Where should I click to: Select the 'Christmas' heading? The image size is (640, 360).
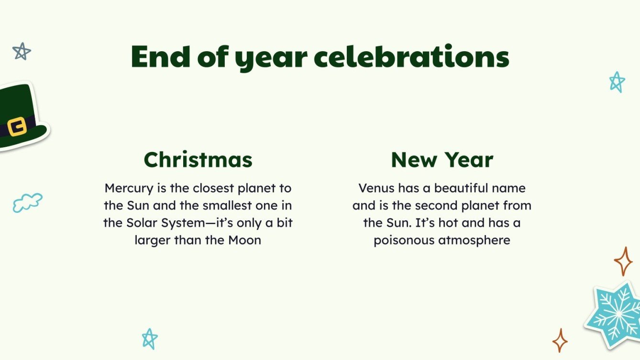[198, 160]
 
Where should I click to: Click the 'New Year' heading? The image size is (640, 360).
[442, 160]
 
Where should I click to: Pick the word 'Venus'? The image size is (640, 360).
[376, 188]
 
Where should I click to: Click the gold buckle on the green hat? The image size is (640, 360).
[17, 127]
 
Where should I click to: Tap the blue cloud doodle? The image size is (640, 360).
[27, 203]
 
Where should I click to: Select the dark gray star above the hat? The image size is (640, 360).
[22, 51]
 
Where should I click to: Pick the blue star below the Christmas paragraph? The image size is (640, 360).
[150, 338]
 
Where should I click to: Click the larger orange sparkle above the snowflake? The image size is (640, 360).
[623, 261]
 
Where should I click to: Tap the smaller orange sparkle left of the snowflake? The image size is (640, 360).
[560, 340]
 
